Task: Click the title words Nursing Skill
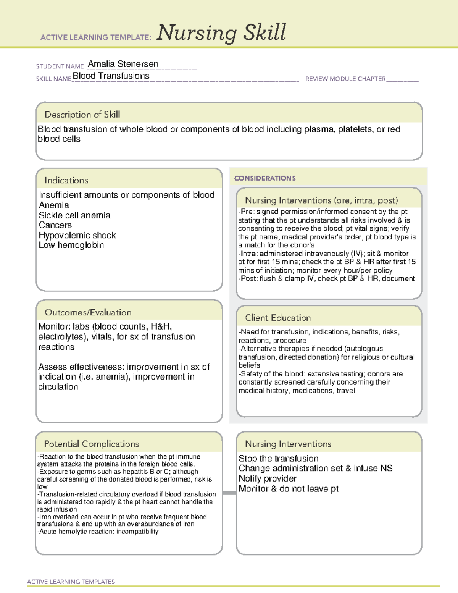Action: [x=221, y=33]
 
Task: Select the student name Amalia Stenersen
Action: [x=123, y=64]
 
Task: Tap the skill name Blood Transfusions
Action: [x=111, y=76]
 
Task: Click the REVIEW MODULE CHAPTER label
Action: [x=345, y=79]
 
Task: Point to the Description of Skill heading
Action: [x=82, y=115]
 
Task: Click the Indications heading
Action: [x=66, y=180]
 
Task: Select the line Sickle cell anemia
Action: [x=74, y=215]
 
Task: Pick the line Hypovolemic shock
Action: [x=77, y=235]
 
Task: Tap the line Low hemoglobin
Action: [x=71, y=245]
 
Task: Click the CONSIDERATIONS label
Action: [x=264, y=178]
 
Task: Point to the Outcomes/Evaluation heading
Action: [x=88, y=312]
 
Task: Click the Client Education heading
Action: [x=277, y=318]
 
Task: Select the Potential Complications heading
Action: [x=91, y=444]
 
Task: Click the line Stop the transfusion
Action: [x=278, y=459]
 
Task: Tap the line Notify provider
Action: [x=267, y=478]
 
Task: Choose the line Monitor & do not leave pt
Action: [x=288, y=489]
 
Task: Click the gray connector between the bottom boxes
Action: [x=229, y=493]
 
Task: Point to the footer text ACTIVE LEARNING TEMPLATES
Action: [x=71, y=582]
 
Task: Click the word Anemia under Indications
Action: [x=54, y=205]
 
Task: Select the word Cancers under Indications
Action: [x=55, y=225]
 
